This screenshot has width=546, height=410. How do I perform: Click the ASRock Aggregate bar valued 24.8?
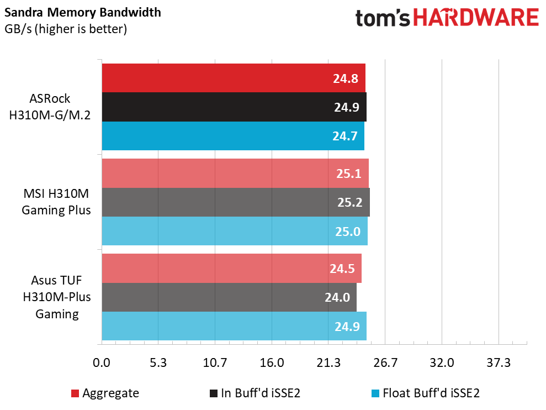click(234, 78)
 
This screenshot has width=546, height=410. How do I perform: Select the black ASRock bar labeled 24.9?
click(234, 107)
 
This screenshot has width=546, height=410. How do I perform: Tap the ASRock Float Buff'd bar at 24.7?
click(233, 136)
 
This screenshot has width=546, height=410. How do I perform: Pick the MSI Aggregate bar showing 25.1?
click(235, 174)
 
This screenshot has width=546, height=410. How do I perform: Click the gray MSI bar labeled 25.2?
click(236, 202)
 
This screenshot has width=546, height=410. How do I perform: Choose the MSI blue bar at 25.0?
click(235, 231)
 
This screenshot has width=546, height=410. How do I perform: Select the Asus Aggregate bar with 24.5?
click(231, 268)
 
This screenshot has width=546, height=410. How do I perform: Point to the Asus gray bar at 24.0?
click(229, 297)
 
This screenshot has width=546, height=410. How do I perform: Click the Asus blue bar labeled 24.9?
click(234, 326)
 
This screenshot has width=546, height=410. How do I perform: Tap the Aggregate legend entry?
click(105, 393)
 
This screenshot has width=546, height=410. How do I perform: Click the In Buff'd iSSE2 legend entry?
click(255, 393)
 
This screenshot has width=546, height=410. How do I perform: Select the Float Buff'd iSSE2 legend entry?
click(426, 393)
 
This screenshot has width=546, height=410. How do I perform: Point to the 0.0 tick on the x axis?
click(102, 363)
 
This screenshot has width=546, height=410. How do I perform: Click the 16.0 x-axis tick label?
click(272, 363)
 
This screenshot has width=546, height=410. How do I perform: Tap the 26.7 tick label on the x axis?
click(385, 363)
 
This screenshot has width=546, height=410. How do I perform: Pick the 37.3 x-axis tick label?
click(499, 363)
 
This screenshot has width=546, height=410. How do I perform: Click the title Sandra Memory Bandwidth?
click(83, 13)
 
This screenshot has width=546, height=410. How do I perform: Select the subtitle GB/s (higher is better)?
click(66, 29)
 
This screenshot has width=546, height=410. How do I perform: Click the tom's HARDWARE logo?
click(447, 18)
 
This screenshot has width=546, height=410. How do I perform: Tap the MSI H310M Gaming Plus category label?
click(56, 202)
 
